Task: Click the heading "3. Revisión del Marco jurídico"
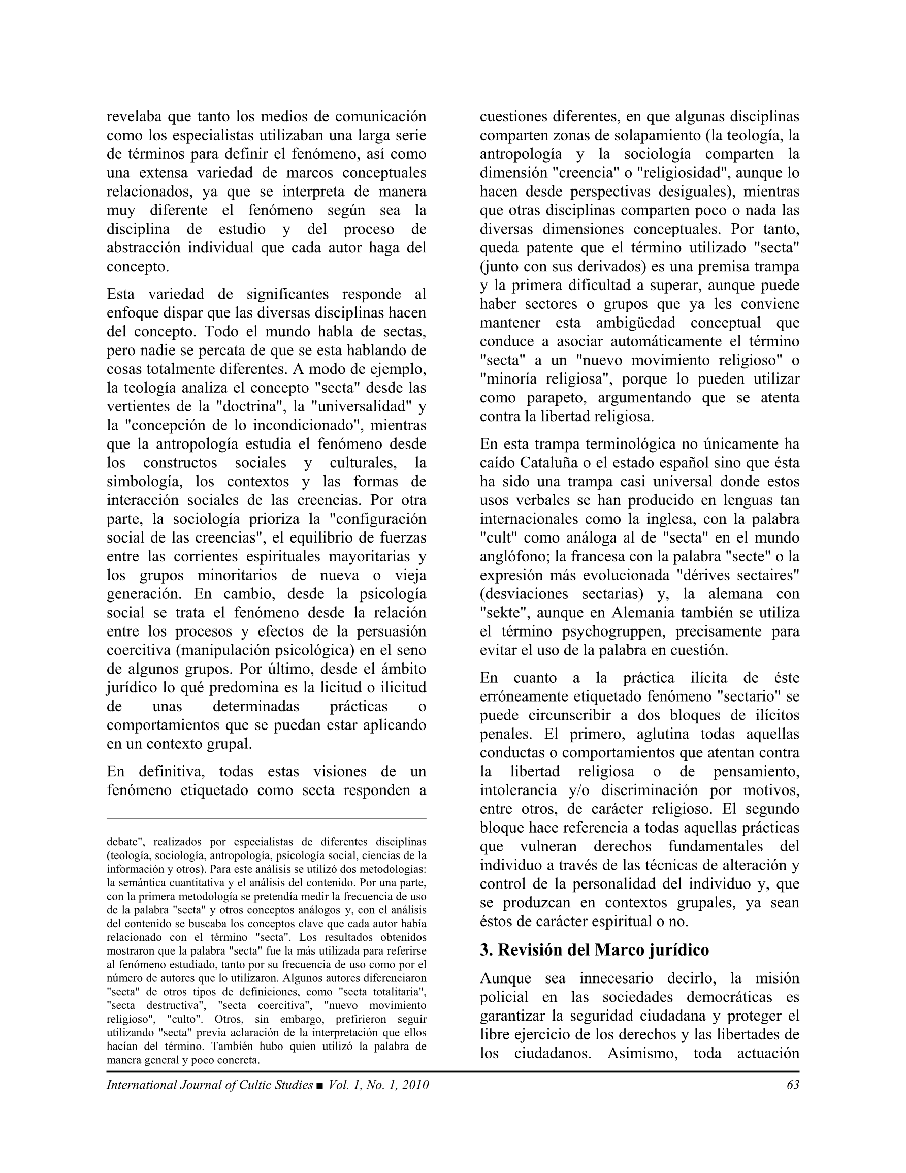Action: pyautogui.click(x=594, y=950)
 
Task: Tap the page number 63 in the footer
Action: pyautogui.click(x=793, y=1085)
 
